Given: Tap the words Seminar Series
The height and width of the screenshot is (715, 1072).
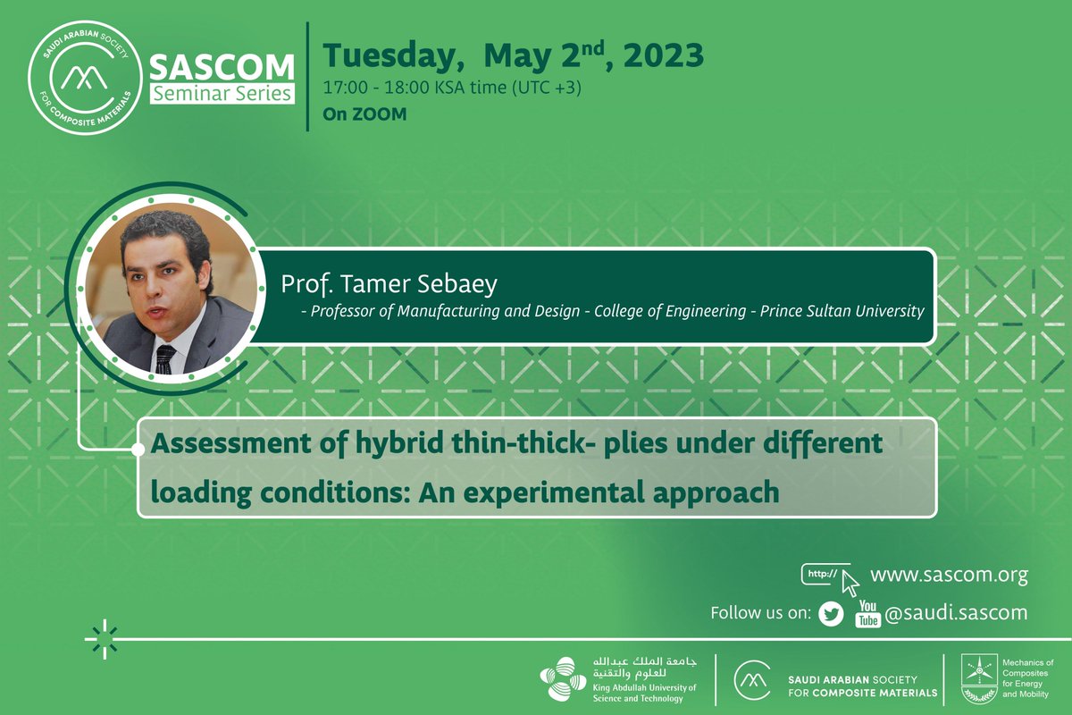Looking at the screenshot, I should coord(222,92).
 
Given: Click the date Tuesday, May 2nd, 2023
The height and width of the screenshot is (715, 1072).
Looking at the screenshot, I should coord(513,56).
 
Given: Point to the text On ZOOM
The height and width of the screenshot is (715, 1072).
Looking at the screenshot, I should coord(364,114).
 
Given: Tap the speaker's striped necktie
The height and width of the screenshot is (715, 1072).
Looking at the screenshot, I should coord(166,357).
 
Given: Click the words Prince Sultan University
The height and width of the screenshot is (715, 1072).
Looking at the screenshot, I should coord(842,311).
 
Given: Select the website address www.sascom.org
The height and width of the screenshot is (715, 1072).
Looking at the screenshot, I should coord(949,575).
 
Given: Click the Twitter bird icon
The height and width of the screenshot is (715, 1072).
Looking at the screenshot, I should coord(831,614).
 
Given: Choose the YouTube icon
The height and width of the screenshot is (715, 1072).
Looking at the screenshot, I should coord(867,613).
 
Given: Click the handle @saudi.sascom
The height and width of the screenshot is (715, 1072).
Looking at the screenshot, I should coord(956,613).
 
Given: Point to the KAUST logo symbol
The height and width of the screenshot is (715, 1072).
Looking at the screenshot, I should coord(563,678).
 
